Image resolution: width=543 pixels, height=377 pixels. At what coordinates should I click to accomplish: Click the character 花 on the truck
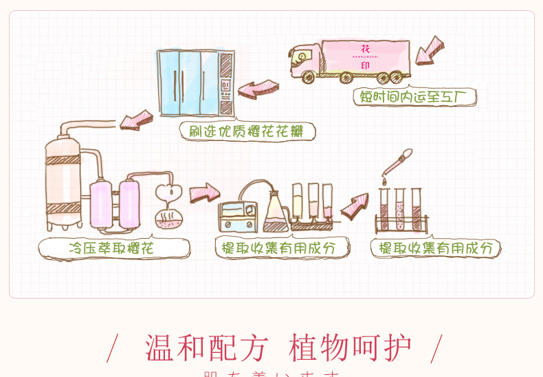point(365,48)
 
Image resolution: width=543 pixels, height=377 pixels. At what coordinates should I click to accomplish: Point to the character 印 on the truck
point(365,67)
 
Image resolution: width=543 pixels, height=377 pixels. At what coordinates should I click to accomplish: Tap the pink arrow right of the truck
point(430,50)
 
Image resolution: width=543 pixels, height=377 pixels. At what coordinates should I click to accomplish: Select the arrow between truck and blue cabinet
point(258,89)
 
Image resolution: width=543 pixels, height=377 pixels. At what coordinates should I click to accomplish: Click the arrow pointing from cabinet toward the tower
point(136,120)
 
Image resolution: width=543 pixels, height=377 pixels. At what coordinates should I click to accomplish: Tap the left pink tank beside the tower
point(101,203)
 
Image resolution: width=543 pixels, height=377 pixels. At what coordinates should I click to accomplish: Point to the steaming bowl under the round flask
point(168,219)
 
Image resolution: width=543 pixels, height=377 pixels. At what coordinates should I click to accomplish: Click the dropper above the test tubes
point(397,164)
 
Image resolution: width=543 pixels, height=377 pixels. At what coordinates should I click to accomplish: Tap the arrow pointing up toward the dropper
point(355,205)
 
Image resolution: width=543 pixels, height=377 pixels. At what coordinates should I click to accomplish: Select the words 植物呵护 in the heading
point(351,348)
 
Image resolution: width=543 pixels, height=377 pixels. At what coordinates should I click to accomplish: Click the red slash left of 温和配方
point(113,349)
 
